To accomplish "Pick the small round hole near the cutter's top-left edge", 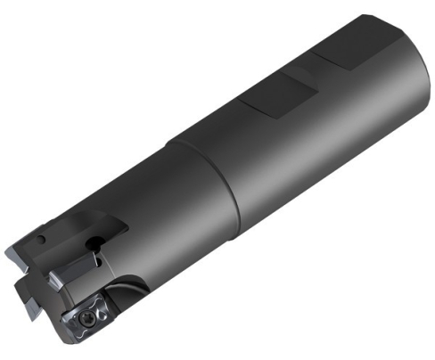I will (x=44, y=241).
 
